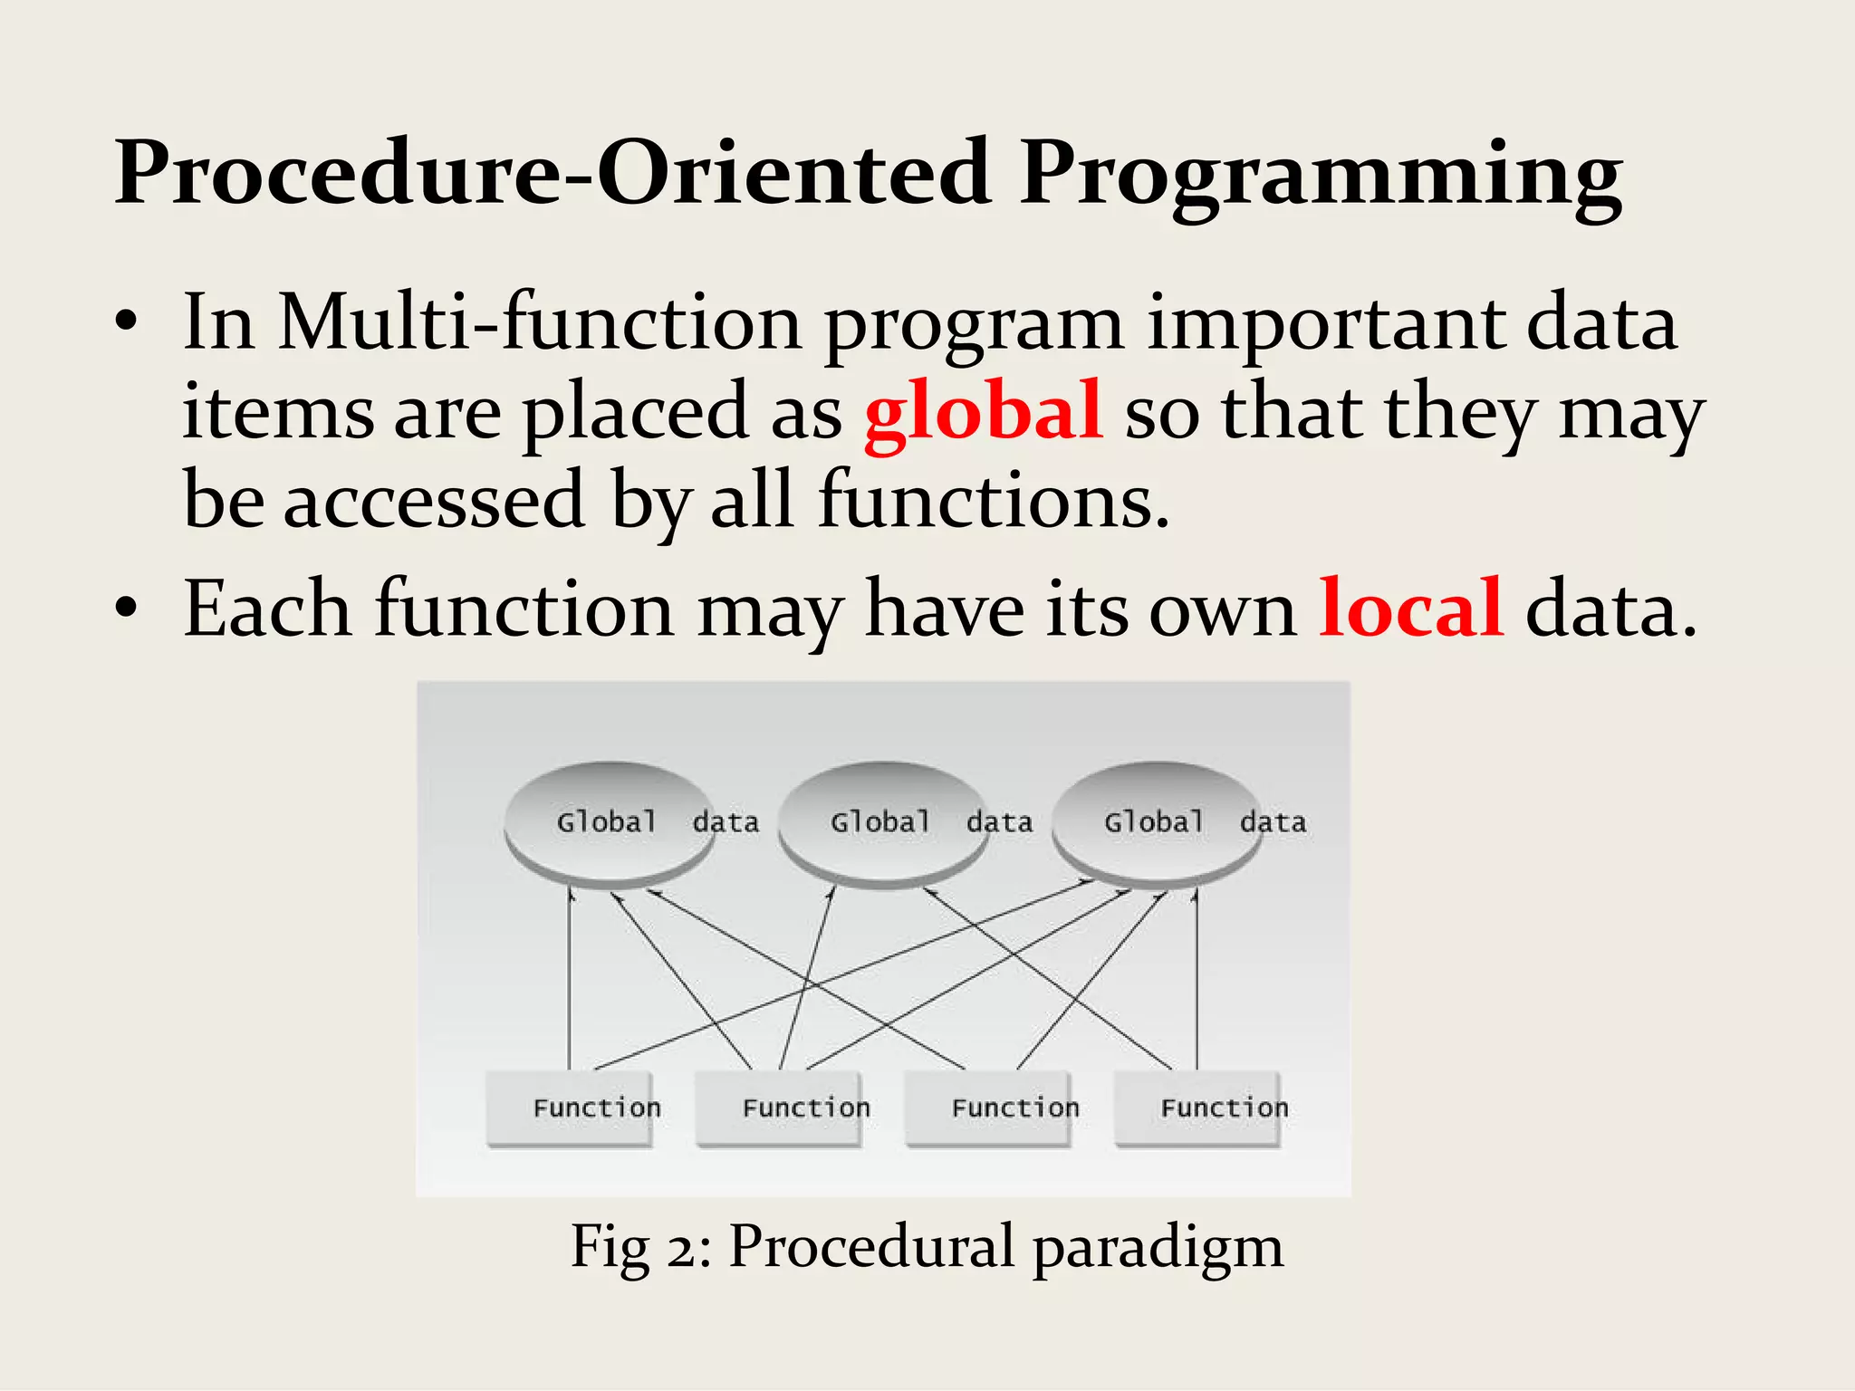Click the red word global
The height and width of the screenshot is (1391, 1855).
click(x=983, y=412)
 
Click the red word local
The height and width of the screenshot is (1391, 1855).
click(x=1410, y=609)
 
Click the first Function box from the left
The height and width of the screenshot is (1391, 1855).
click(x=569, y=1108)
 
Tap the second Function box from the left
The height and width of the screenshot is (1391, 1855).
click(x=778, y=1108)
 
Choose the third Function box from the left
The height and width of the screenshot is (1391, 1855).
click(x=987, y=1108)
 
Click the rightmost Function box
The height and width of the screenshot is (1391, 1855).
click(x=1197, y=1108)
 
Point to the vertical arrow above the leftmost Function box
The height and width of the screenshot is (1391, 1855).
click(x=570, y=978)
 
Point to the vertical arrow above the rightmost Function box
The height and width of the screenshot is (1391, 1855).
click(x=1197, y=978)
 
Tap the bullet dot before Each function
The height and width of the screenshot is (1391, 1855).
click(x=126, y=609)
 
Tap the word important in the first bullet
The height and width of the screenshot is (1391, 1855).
click(x=1325, y=324)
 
